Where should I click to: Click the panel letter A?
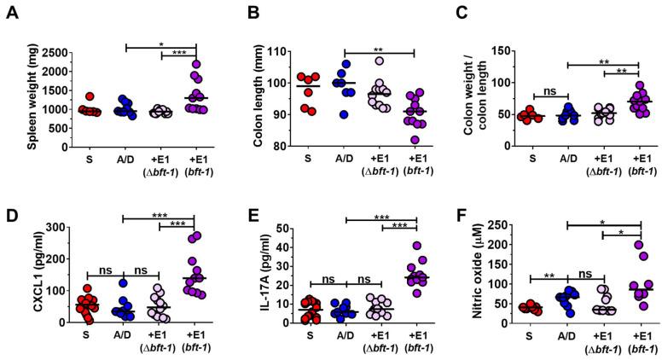11,12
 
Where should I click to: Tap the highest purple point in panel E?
417,246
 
